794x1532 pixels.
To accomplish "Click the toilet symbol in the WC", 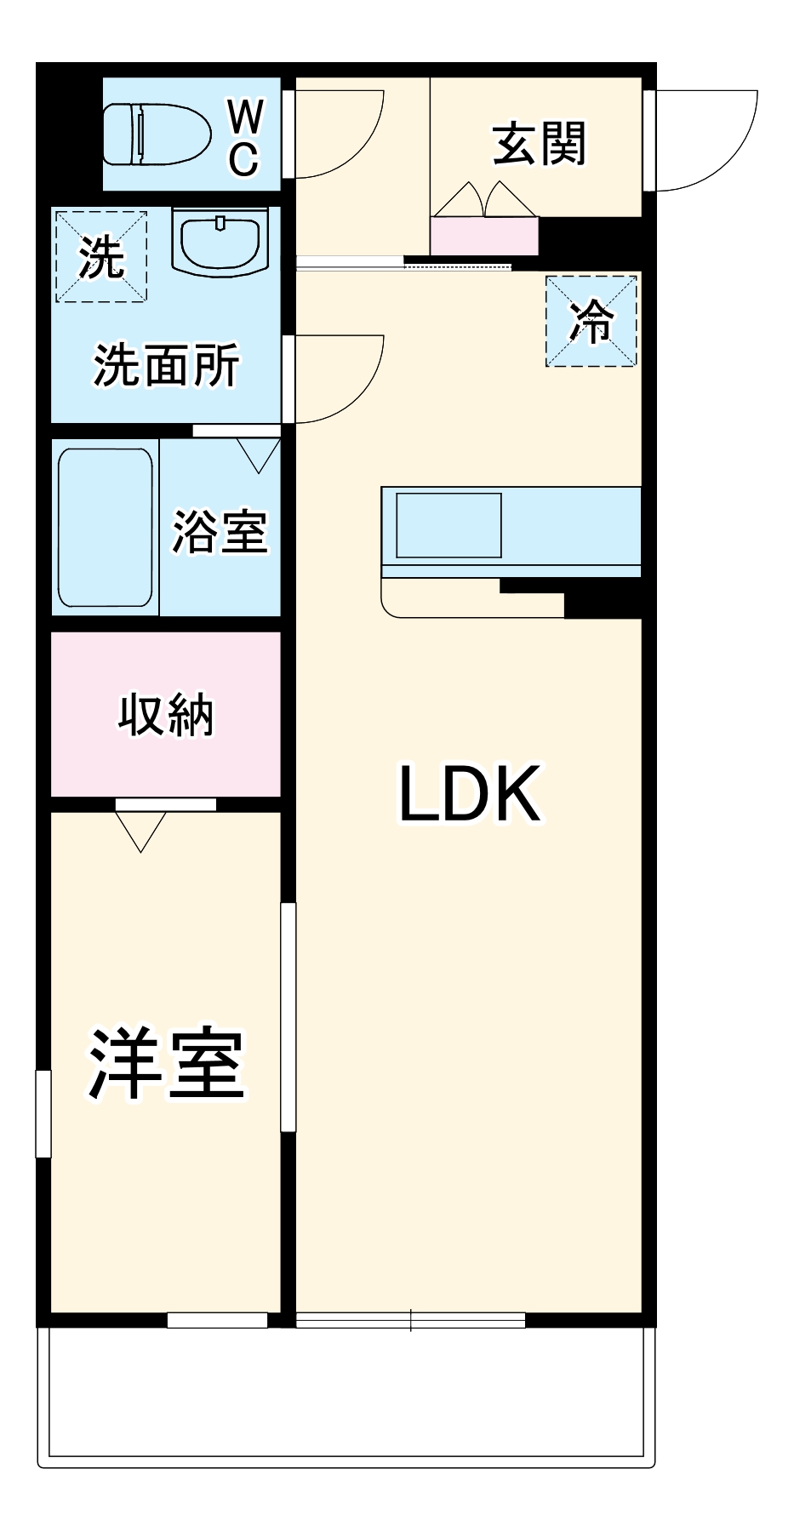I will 157,134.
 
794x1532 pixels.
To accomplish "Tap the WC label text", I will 244,136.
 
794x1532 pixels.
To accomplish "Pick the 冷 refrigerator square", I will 591,321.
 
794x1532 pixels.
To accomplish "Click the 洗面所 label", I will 167,365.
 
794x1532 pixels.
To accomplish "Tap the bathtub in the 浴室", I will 106,527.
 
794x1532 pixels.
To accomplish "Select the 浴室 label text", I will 220,532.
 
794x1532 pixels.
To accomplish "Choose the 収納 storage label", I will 166,714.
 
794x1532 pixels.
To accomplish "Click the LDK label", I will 470,793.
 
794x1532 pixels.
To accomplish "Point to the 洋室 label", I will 167,1063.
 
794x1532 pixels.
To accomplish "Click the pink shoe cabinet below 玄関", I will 484,236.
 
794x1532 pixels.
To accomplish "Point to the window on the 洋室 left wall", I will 43,1113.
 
